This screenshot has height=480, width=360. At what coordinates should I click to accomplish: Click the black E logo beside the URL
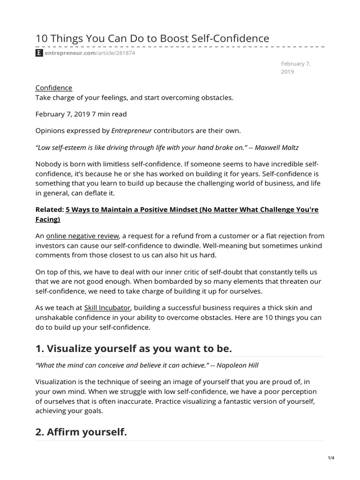click(39, 53)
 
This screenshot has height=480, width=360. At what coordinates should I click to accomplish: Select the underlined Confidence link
click(54, 88)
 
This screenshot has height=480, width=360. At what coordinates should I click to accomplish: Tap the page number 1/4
click(331, 458)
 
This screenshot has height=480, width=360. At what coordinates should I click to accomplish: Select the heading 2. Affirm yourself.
click(81, 432)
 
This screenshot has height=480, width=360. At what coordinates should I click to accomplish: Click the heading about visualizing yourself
click(134, 349)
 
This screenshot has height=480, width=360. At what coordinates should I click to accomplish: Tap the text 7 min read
click(110, 114)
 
